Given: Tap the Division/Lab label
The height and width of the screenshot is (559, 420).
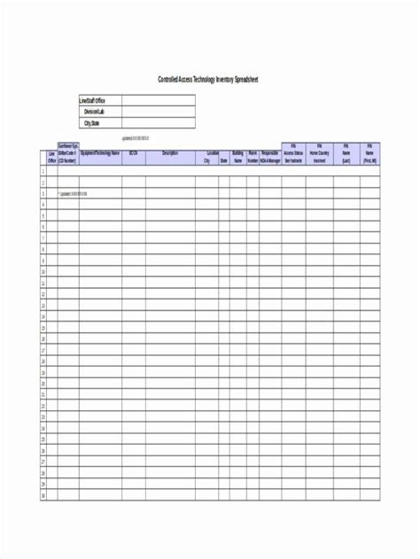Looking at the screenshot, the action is (x=94, y=112).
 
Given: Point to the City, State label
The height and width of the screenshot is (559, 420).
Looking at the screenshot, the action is (x=93, y=123).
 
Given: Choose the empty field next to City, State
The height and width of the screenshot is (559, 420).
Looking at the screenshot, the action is (x=158, y=123).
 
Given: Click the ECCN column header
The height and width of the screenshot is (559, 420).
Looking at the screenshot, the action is (x=133, y=152).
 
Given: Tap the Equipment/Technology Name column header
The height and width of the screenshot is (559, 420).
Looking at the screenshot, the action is (x=101, y=152).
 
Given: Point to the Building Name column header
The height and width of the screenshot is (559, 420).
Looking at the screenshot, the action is (x=237, y=157).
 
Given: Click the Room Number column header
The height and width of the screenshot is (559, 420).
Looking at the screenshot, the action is (x=253, y=157).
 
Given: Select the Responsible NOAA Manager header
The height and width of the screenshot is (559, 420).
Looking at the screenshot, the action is (x=270, y=157).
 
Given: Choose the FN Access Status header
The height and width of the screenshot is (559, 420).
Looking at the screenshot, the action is (x=293, y=152).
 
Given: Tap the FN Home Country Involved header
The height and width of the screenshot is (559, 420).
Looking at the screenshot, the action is (x=320, y=152).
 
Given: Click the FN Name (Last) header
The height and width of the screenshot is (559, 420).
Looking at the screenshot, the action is (x=346, y=152).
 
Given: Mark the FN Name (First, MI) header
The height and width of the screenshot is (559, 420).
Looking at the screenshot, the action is (x=369, y=152).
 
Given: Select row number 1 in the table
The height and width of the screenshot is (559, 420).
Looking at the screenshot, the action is (x=43, y=172).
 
